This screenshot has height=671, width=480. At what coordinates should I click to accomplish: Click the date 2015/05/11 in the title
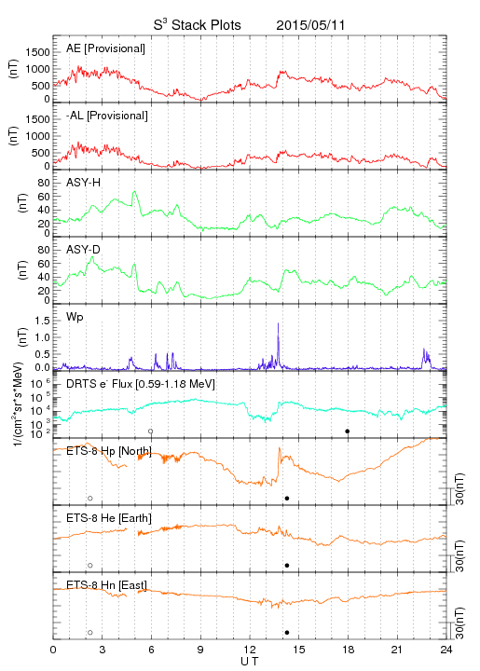(x=310, y=25)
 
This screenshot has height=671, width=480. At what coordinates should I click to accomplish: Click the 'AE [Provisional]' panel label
(x=105, y=48)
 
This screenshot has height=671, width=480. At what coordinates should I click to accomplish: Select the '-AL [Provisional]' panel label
(x=107, y=116)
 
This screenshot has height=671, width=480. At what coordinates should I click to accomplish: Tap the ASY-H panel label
(x=84, y=183)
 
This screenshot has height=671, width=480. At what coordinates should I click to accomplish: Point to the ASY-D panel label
(x=84, y=250)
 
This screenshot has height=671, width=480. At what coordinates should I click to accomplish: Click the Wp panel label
(x=75, y=317)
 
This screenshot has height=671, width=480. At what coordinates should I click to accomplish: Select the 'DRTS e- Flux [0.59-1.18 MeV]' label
(x=141, y=384)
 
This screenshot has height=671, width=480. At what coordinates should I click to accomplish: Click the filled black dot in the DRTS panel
(x=348, y=431)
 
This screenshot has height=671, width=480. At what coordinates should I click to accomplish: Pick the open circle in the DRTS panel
(x=151, y=431)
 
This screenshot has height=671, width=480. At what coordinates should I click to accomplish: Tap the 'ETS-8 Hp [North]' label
(x=109, y=451)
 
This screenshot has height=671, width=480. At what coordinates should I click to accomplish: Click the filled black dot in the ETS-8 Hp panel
(x=287, y=498)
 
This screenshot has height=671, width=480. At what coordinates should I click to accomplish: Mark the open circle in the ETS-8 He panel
(x=90, y=566)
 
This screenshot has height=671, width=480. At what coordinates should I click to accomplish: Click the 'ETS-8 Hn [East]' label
(x=106, y=585)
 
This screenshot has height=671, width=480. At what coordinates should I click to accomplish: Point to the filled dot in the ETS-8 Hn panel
(x=287, y=633)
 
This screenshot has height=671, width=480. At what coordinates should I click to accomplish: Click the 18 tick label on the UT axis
(x=349, y=650)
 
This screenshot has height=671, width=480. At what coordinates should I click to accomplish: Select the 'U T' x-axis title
(x=250, y=662)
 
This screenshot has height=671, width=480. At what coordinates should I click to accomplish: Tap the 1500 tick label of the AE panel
(x=37, y=52)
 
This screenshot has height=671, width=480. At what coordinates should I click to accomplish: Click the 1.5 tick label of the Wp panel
(x=42, y=321)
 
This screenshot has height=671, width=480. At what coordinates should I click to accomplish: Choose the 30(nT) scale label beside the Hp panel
(x=459, y=488)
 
